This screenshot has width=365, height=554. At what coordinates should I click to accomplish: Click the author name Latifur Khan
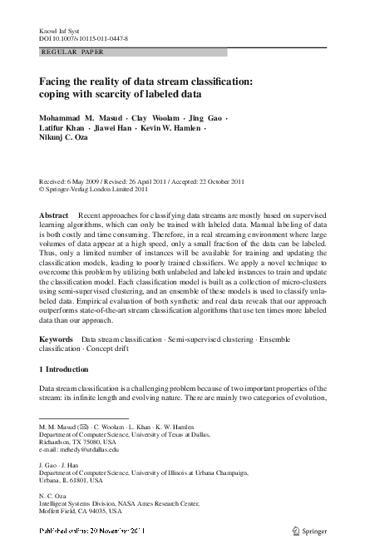pos(64,129)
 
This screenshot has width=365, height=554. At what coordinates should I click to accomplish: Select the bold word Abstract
pos(54,215)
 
